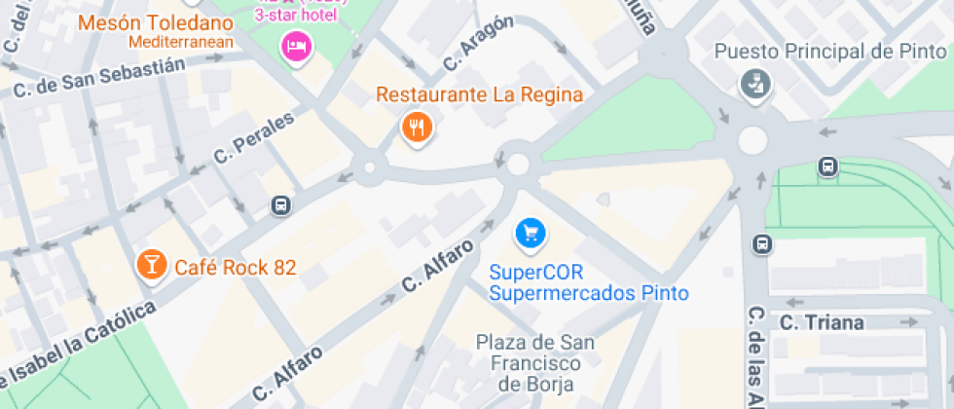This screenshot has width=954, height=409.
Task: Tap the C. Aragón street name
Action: (477, 43)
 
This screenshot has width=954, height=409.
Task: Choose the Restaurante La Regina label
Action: (479, 95)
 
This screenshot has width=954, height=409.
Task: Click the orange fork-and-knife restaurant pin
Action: (417, 126)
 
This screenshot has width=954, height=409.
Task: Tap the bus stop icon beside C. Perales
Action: (280, 204)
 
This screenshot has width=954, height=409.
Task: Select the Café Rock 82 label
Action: (235, 267)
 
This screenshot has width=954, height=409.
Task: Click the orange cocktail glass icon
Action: (151, 263)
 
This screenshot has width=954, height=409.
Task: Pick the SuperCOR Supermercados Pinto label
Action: (588, 282)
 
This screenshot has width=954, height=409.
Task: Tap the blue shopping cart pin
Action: (531, 232)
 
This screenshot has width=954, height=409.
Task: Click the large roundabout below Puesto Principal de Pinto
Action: (752, 141)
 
